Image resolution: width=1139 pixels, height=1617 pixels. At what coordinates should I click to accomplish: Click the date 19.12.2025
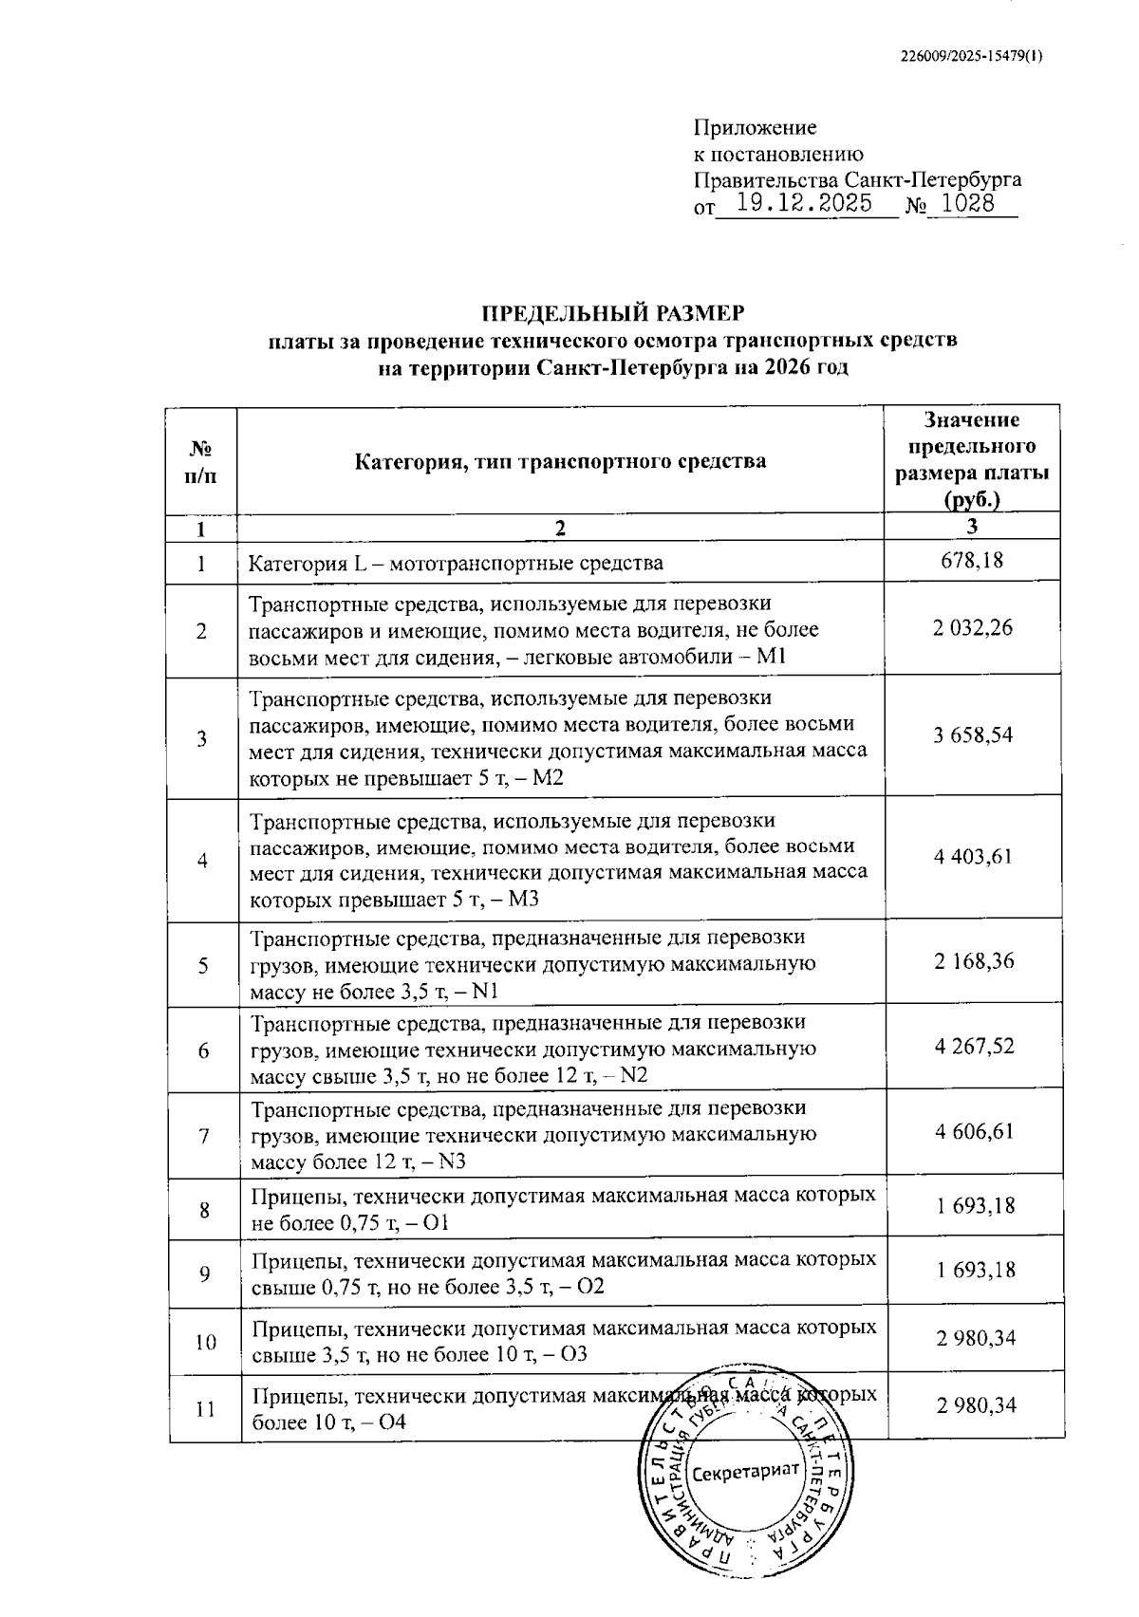click(x=804, y=203)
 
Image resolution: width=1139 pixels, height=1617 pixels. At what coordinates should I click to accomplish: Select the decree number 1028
click(x=968, y=203)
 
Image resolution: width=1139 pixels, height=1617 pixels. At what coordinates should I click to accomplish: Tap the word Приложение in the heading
click(x=755, y=128)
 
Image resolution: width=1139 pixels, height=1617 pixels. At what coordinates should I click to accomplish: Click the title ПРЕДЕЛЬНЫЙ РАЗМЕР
click(x=612, y=313)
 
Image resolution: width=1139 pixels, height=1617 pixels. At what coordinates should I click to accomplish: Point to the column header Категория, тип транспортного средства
click(x=560, y=462)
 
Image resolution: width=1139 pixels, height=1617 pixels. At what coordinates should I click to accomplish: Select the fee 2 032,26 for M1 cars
click(x=973, y=627)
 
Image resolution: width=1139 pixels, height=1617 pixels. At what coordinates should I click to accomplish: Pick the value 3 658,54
click(x=973, y=734)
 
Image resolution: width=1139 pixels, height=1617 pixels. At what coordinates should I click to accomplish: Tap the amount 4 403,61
click(x=973, y=857)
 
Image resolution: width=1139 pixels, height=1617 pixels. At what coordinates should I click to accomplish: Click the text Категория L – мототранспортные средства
click(x=456, y=564)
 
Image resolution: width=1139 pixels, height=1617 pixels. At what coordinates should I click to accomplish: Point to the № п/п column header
click(x=200, y=462)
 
